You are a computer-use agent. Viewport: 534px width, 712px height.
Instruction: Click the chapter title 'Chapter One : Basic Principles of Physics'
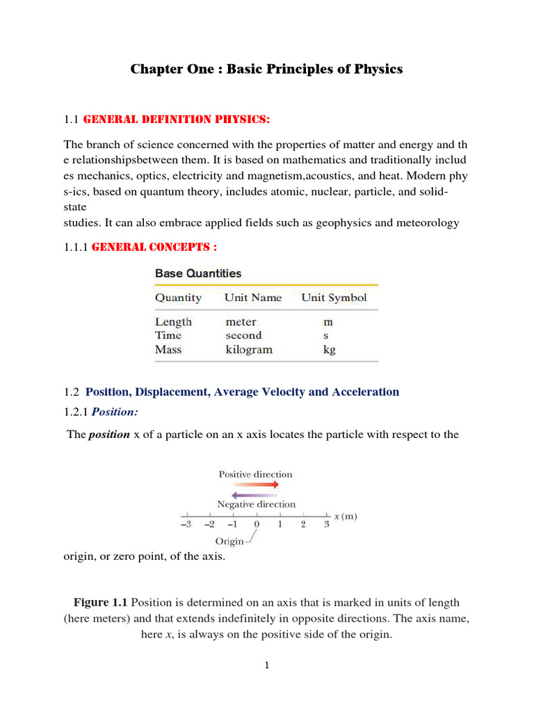[x=267, y=70]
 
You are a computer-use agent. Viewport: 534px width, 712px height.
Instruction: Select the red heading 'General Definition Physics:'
[x=176, y=120]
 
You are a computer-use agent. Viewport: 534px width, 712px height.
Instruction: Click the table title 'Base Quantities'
[x=198, y=273]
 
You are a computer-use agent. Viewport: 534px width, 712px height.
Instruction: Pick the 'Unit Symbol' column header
[x=334, y=298]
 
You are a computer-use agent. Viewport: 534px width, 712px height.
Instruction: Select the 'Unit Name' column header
[x=252, y=298]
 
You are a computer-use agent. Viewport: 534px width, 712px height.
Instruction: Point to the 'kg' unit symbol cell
[x=328, y=350]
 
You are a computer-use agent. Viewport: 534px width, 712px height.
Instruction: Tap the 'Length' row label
[x=173, y=322]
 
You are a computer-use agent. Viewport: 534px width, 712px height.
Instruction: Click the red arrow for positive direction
[x=255, y=485]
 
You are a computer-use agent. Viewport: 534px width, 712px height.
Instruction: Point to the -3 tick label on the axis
[x=186, y=525]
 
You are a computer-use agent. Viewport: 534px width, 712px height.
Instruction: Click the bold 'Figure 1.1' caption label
[x=101, y=602]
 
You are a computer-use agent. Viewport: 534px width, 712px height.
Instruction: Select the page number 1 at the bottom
[x=266, y=666]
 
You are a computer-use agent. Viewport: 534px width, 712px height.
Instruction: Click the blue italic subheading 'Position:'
[x=111, y=412]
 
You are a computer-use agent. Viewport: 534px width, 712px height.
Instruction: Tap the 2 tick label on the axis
[x=303, y=525]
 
